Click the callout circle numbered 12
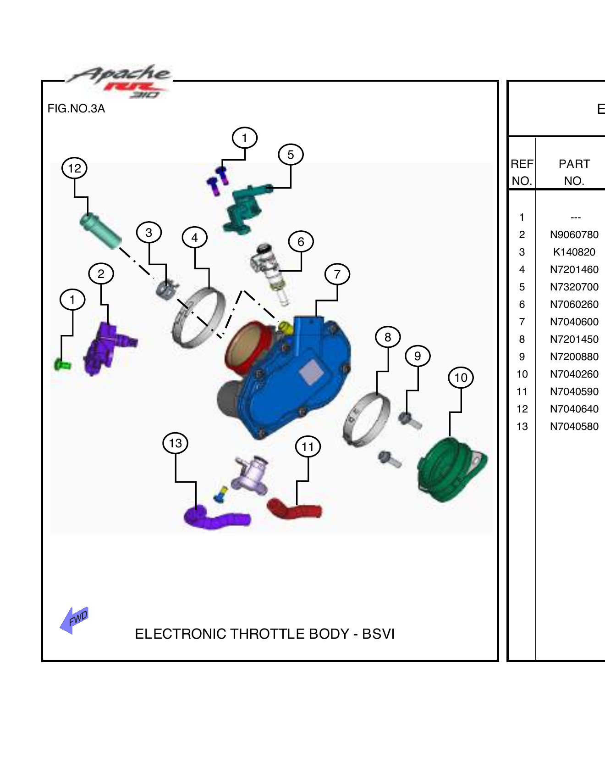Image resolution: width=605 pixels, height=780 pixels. click(74, 168)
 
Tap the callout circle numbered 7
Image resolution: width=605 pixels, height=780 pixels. click(337, 274)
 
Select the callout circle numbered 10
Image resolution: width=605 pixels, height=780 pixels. click(461, 378)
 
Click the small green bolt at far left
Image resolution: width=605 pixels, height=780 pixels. click(62, 365)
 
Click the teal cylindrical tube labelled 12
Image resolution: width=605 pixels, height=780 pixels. click(100, 231)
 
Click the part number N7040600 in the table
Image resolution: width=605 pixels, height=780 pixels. click(574, 322)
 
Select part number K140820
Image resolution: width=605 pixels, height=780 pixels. click(574, 252)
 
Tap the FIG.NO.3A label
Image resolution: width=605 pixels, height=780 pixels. click(76, 109)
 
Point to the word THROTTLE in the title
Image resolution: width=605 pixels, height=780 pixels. click(267, 634)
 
